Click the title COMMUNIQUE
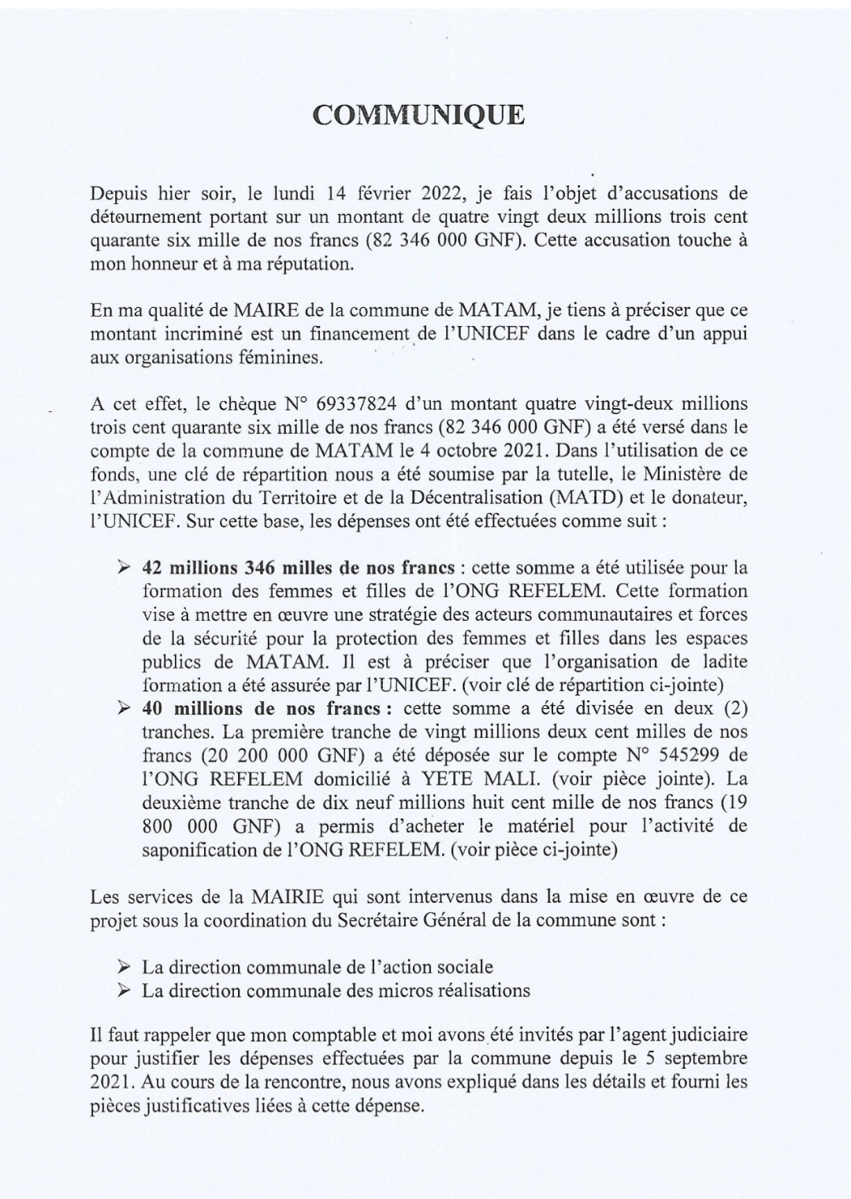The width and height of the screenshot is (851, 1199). (418, 114)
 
